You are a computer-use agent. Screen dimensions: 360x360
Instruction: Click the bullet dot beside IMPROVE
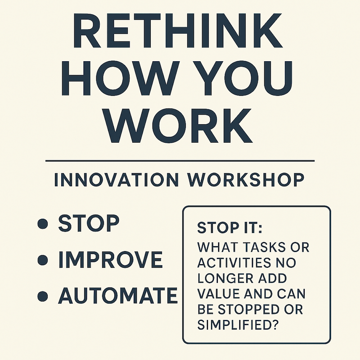(43, 261)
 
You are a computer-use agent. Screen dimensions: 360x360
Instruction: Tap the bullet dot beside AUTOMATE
(43, 296)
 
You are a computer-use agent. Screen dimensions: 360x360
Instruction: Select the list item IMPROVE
(111, 260)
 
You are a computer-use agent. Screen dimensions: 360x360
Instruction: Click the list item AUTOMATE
(118, 296)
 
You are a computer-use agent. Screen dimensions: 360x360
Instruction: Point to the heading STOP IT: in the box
(229, 228)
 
